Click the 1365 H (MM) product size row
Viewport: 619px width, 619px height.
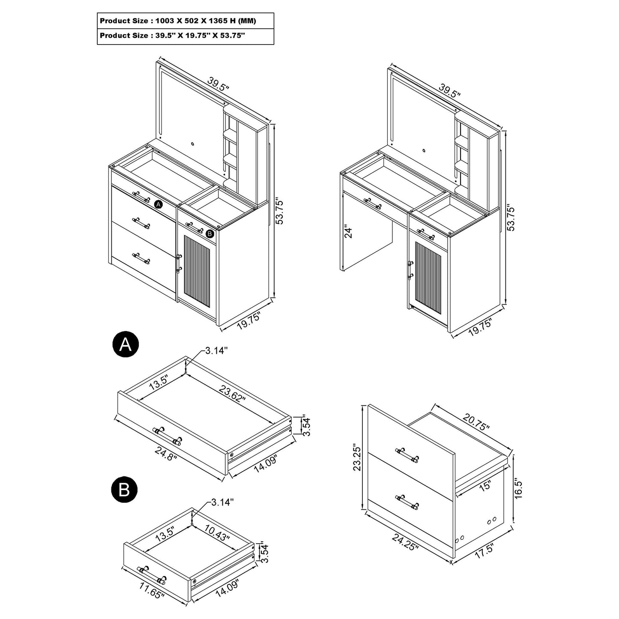pos(185,21)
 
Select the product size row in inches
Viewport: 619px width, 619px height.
pos(185,36)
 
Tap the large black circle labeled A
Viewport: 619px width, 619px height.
pos(125,344)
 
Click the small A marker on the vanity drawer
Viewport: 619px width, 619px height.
pos(158,205)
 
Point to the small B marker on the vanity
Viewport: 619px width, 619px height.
pos(209,233)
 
